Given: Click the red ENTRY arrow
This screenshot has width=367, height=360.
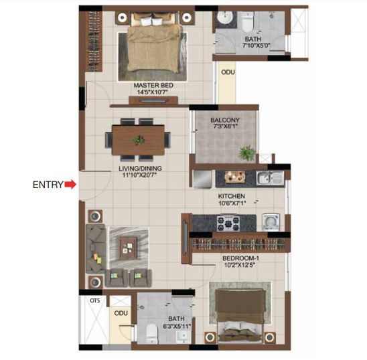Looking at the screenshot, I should pyautogui.click(x=70, y=185).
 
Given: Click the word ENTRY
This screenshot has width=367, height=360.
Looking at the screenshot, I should pyautogui.click(x=48, y=185).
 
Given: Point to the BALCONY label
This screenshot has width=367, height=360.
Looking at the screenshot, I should pyautogui.click(x=224, y=121).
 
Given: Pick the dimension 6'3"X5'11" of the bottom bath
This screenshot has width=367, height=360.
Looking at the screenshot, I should pyautogui.click(x=177, y=327).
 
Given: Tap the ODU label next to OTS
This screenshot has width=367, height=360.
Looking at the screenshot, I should pyautogui.click(x=121, y=312).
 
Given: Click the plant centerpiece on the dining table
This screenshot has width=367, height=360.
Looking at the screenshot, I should pyautogui.click(x=139, y=141).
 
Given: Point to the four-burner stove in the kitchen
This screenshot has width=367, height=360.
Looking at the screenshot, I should pyautogui.click(x=232, y=221).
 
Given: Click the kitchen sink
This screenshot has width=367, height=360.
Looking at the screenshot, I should pyautogui.click(x=266, y=179).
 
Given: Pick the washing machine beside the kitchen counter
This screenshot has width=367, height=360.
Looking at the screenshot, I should pyautogui.click(x=272, y=221).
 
